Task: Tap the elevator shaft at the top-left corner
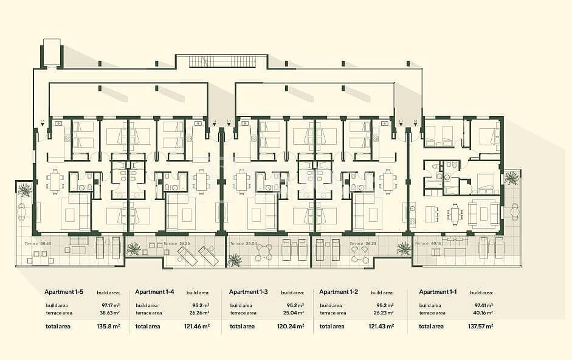52,53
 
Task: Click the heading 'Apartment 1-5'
65,292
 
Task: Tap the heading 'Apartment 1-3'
249,292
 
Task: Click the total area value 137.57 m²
480,327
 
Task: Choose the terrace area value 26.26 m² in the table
198,313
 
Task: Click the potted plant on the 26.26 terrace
133,248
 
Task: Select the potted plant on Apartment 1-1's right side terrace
512,178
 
